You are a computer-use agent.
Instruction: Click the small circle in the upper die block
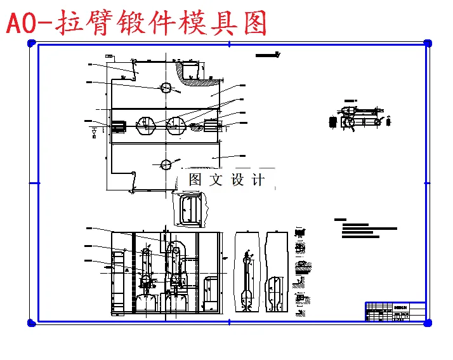tap(166, 88)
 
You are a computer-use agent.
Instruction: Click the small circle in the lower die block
tap(166, 164)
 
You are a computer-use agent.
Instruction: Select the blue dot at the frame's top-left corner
tap(31, 43)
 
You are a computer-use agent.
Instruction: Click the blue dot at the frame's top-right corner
tap(428, 43)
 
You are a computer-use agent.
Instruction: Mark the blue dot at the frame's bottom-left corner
tap(31, 323)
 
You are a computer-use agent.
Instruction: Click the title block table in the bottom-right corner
tap(395, 311)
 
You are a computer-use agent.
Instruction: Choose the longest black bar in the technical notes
tap(369, 228)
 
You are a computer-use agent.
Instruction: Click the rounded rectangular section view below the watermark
tap(190, 210)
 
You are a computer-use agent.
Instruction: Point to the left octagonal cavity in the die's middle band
tap(146, 124)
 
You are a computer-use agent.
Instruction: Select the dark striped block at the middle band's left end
tap(118, 126)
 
